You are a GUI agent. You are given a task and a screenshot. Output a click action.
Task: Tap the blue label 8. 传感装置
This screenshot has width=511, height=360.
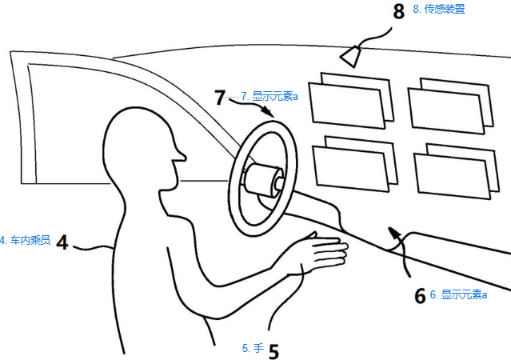(439, 10)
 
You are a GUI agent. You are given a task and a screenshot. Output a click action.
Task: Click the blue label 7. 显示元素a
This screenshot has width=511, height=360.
(269, 97)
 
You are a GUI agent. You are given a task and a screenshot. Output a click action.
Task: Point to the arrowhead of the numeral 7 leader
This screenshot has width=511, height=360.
(270, 114)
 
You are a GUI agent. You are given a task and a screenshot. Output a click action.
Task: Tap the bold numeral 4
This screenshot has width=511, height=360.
(62, 241)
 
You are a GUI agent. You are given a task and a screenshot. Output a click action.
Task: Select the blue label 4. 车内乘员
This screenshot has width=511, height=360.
(26, 239)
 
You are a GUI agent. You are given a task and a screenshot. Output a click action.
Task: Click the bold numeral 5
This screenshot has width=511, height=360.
(273, 350)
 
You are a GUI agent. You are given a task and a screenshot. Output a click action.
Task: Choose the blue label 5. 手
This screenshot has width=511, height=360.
(252, 348)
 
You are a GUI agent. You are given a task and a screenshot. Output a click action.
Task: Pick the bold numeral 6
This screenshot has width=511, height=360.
(419, 296)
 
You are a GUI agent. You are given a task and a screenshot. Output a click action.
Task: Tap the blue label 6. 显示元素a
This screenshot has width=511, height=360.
(458, 294)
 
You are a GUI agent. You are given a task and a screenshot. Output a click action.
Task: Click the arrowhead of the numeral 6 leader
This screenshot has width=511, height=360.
(393, 230)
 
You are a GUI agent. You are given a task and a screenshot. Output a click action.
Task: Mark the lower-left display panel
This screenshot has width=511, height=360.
(349, 166)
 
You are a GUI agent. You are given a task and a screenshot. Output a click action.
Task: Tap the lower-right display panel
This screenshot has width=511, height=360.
(450, 172)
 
